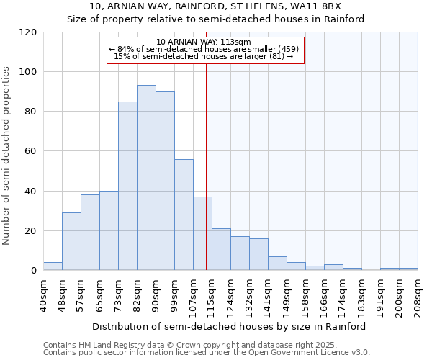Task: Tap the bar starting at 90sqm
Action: (x=165, y=181)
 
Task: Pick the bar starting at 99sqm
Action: (x=184, y=215)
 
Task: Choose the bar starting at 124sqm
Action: (x=240, y=253)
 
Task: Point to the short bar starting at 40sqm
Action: (x=53, y=266)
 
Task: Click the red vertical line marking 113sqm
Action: (x=207, y=166)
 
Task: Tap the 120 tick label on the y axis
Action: (x=28, y=32)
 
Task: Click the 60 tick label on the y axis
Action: (x=31, y=151)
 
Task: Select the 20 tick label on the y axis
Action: (x=31, y=231)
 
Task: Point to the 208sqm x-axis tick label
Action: (x=418, y=296)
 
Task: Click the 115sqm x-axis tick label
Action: (x=212, y=296)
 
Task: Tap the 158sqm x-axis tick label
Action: (x=306, y=296)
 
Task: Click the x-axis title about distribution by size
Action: (x=229, y=326)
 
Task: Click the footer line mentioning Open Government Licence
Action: (x=207, y=353)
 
